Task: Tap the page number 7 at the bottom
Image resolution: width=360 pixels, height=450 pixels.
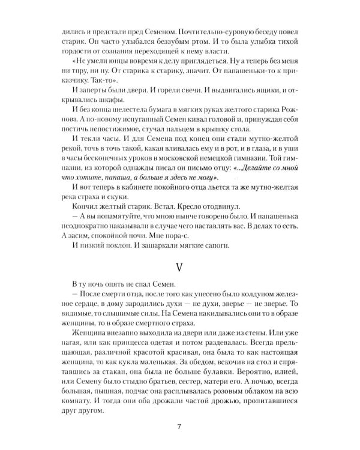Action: point(179,427)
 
